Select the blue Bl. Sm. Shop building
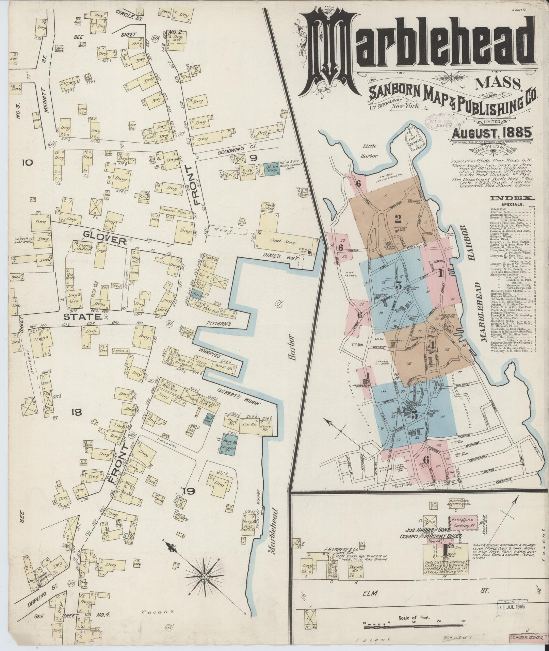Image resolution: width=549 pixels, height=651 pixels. [x=271, y=169]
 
